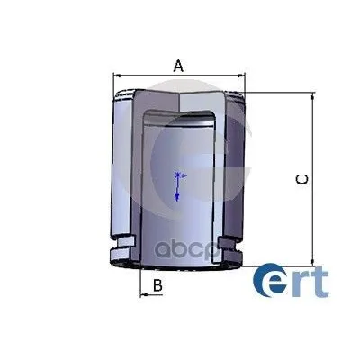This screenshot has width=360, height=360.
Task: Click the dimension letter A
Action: click(x=178, y=66)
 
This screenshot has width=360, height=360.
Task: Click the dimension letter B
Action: click(x=157, y=285)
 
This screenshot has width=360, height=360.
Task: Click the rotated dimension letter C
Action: click(x=301, y=180)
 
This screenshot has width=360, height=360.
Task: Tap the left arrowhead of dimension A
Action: click(x=117, y=76)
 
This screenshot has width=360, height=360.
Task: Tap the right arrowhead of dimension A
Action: click(x=241, y=76)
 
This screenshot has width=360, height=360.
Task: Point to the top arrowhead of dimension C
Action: click(x=313, y=96)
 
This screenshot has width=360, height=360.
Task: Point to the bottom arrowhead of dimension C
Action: click(x=313, y=262)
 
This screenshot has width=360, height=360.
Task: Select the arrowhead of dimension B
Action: click(x=144, y=295)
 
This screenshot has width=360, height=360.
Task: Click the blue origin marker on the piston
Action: click(x=177, y=175)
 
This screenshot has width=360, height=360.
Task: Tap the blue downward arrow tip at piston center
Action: click(x=177, y=197)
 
